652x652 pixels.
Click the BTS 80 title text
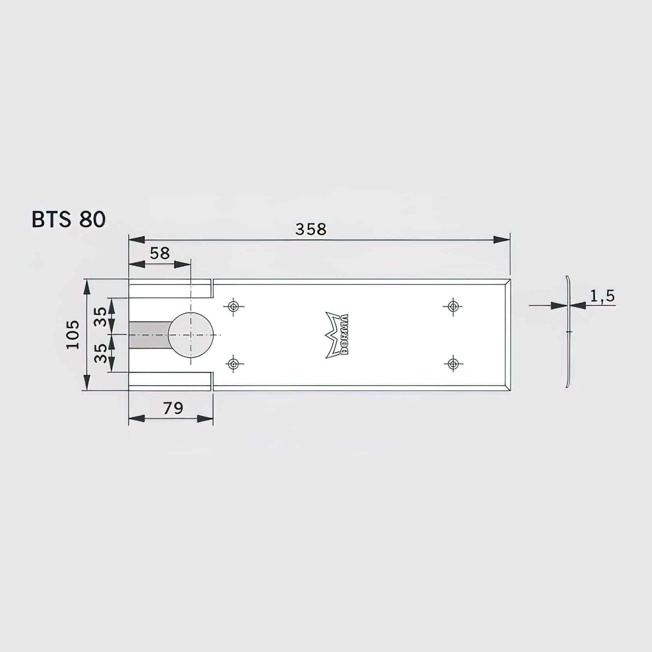pyautogui.click(x=68, y=220)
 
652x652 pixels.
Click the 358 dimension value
pyautogui.click(x=310, y=230)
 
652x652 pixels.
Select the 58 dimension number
pyautogui.click(x=160, y=253)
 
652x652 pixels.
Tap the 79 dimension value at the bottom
pyautogui.click(x=173, y=408)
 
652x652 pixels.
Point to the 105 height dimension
pyautogui.click(x=73, y=335)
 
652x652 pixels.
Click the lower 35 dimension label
pyautogui.click(x=101, y=352)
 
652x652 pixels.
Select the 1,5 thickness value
pyautogui.click(x=602, y=296)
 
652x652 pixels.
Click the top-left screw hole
pyautogui.click(x=233, y=306)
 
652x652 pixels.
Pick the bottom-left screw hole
pyautogui.click(x=233, y=364)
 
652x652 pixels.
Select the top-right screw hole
pyautogui.click(x=452, y=306)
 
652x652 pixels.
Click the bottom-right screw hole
pyautogui.click(x=452, y=364)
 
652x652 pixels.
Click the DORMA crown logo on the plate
pyautogui.click(x=337, y=335)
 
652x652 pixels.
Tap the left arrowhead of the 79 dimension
pyautogui.click(x=137, y=419)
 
